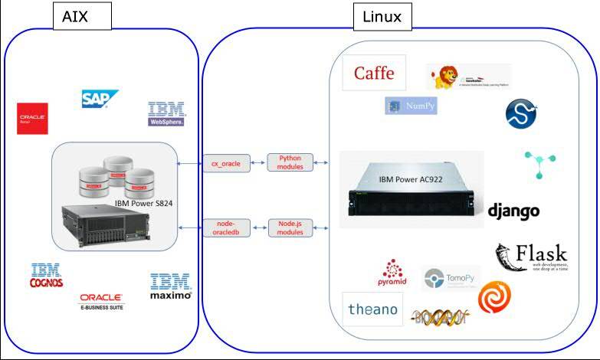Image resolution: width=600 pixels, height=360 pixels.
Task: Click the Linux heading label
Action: (382, 17)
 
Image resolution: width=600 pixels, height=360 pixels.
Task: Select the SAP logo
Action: (100, 98)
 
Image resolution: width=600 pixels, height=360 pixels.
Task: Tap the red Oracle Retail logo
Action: (33, 119)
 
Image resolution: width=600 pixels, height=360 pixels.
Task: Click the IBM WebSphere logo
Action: (166, 113)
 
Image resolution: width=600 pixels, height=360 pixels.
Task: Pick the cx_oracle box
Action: (226, 162)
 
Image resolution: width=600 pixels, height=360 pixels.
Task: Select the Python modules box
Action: (290, 162)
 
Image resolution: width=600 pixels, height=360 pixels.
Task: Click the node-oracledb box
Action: (226, 227)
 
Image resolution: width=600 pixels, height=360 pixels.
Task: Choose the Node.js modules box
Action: (290, 227)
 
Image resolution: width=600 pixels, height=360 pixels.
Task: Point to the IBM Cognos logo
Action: (46, 276)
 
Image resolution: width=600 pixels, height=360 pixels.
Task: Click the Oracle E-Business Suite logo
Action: (101, 301)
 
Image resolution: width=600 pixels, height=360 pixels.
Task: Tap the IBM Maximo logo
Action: (170, 286)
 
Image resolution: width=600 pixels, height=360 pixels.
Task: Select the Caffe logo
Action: (374, 74)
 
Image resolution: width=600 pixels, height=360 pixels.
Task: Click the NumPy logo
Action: (411, 106)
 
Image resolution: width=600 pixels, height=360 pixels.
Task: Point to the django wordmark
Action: (513, 211)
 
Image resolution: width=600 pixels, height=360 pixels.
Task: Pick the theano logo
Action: (372, 309)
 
